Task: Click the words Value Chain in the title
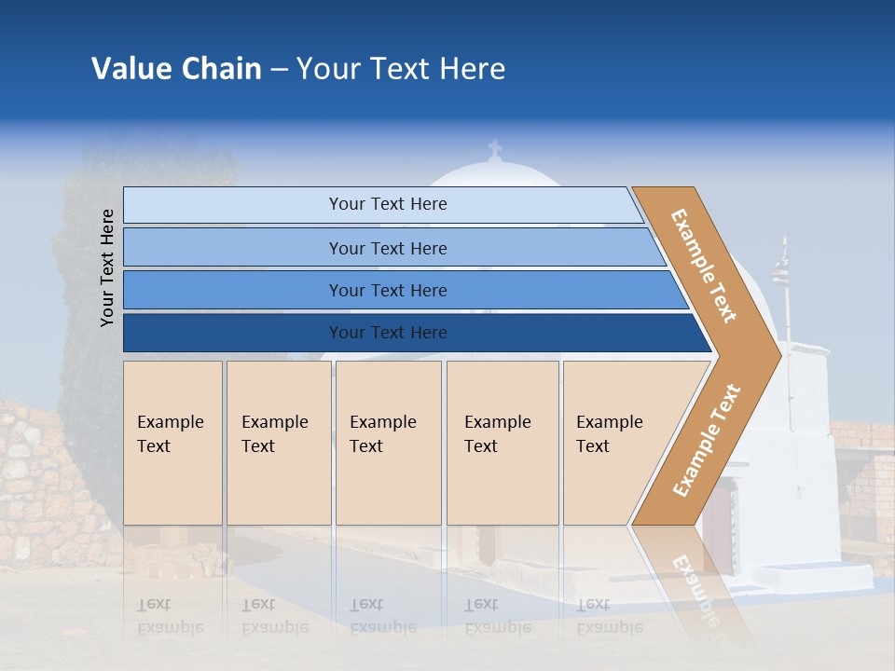[176, 69]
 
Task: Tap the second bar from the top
[388, 248]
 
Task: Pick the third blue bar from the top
[388, 290]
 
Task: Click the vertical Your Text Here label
[107, 267]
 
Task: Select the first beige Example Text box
[172, 443]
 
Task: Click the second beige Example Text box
[278, 443]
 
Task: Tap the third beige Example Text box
[388, 443]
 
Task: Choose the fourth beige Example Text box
[502, 443]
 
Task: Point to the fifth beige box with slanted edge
[615, 443]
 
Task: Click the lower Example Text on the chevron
[706, 440]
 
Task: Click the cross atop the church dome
[495, 149]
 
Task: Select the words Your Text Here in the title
[401, 69]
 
